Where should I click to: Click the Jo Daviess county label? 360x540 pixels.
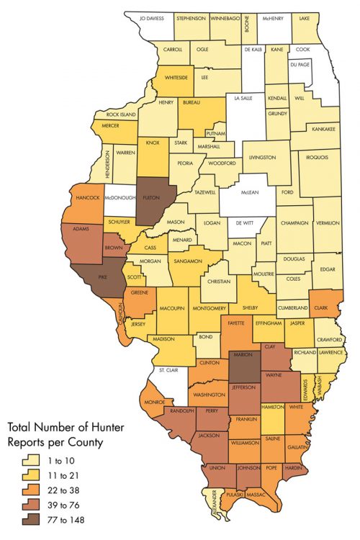coord(152,17)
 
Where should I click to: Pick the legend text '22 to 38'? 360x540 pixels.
coord(62,489)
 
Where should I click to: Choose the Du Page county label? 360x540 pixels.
coord(301,65)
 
